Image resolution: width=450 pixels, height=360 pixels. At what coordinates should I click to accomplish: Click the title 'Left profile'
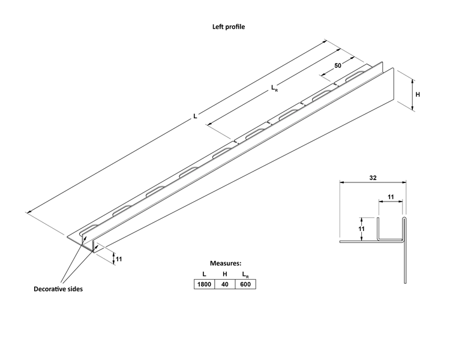229,26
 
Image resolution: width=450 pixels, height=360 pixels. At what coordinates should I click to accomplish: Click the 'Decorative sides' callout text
58,289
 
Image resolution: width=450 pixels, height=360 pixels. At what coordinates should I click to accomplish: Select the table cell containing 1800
205,284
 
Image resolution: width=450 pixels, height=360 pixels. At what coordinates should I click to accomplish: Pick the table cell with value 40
225,284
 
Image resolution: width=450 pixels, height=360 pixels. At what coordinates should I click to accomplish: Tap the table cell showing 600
245,284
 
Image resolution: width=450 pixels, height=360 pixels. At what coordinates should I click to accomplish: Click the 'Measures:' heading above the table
226,263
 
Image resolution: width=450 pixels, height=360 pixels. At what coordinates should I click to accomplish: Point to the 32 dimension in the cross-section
373,178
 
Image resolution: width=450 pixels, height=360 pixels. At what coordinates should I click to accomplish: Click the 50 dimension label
338,66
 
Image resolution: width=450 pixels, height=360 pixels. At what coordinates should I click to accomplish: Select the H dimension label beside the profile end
418,94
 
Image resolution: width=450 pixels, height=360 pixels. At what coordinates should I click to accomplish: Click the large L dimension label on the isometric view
195,116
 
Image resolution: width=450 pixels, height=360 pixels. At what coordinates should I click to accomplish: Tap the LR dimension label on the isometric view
274,88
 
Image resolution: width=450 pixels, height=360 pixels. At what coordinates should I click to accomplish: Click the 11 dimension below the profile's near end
119,259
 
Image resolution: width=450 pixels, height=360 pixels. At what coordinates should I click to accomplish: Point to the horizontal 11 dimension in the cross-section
391,197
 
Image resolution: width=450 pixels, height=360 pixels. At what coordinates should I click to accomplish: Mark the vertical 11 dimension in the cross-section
362,229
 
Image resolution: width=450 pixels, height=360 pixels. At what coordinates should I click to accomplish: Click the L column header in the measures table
205,274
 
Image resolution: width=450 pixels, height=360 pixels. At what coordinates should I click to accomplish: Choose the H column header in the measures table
225,274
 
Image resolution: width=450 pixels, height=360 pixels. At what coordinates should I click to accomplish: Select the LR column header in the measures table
245,275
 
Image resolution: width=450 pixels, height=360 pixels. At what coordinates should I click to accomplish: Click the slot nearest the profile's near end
89,229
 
